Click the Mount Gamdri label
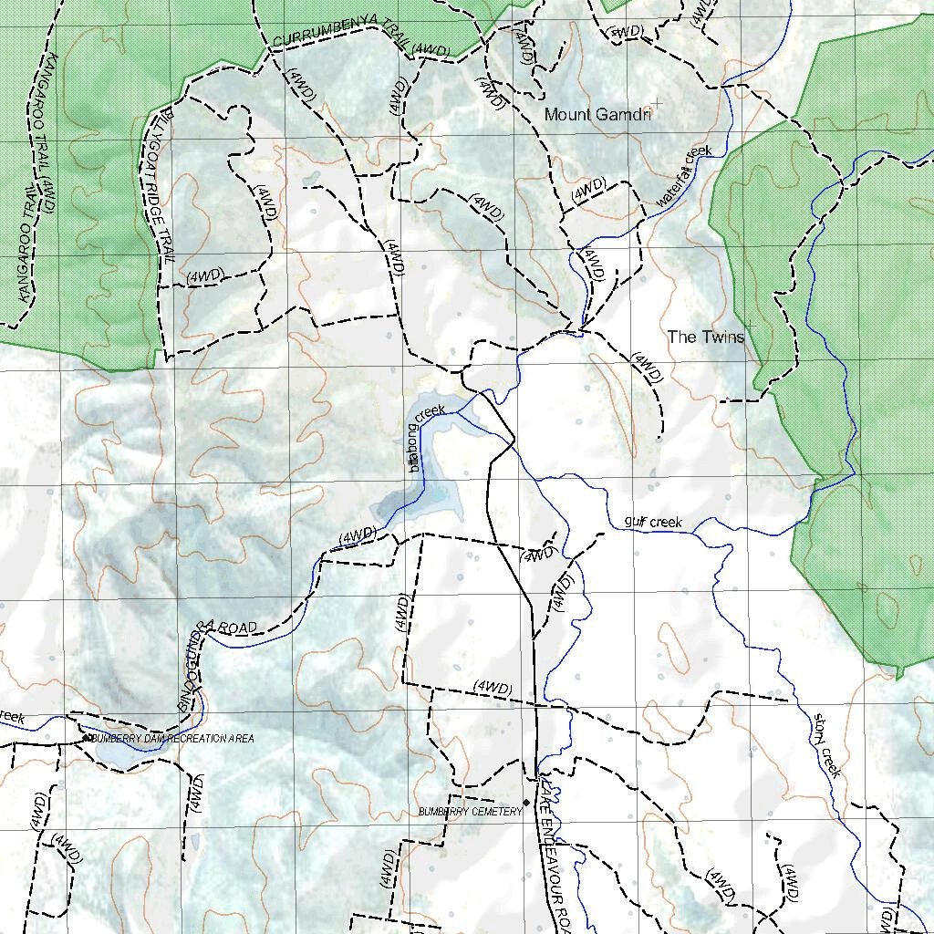pos(597,115)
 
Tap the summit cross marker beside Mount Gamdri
pos(656,107)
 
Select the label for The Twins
pos(705,337)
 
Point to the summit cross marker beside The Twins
pos(750,326)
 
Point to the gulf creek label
pos(653,523)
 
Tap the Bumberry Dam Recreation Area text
pos(172,738)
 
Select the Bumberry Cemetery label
pos(470,811)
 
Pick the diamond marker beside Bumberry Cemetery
pos(526,803)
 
